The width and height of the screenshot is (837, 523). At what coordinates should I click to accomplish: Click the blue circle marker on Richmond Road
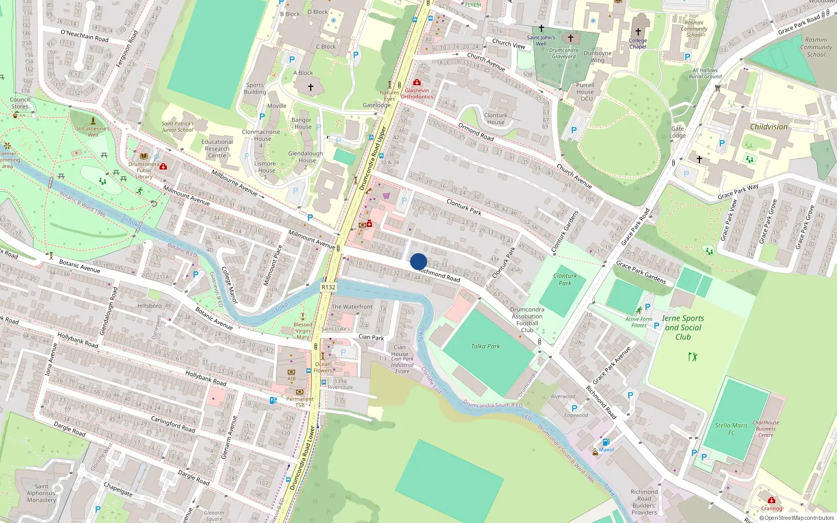click(x=418, y=261)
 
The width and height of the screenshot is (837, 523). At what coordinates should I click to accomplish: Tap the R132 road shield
click(x=329, y=287)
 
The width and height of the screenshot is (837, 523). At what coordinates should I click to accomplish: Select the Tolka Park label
click(x=485, y=346)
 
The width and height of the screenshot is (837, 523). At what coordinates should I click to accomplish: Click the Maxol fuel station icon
click(x=606, y=442)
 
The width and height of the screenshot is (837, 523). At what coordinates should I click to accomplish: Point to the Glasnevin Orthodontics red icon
click(x=417, y=83)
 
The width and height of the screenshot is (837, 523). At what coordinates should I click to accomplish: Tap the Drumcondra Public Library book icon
click(x=144, y=156)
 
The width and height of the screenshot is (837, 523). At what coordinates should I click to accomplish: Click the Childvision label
click(x=768, y=127)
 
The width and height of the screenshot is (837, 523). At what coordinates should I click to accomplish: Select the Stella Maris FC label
click(x=731, y=429)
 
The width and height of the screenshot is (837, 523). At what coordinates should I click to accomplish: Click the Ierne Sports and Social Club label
click(x=683, y=327)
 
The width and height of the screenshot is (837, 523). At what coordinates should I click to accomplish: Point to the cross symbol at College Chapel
click(x=638, y=32)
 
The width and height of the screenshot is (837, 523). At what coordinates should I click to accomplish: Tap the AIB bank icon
click(x=291, y=372)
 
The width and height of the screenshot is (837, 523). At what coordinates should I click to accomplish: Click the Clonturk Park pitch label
click(x=565, y=279)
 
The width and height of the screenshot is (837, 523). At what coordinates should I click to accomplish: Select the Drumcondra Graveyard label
click(x=564, y=53)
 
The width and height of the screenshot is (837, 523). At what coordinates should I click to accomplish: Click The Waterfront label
click(x=352, y=307)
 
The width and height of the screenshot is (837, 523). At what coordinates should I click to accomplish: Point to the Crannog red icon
click(x=771, y=501)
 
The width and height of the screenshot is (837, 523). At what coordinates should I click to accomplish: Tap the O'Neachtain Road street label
click(x=85, y=36)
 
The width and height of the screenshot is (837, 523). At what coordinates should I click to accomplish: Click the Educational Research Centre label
click(x=217, y=149)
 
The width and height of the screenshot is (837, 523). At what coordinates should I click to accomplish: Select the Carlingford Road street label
click(x=173, y=424)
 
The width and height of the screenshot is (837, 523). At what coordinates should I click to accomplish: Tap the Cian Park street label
click(x=371, y=337)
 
